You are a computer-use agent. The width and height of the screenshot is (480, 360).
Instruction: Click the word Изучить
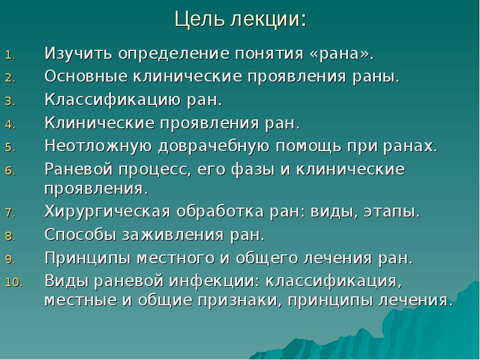point(79,55)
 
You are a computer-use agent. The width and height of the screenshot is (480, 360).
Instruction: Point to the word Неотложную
point(95,146)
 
